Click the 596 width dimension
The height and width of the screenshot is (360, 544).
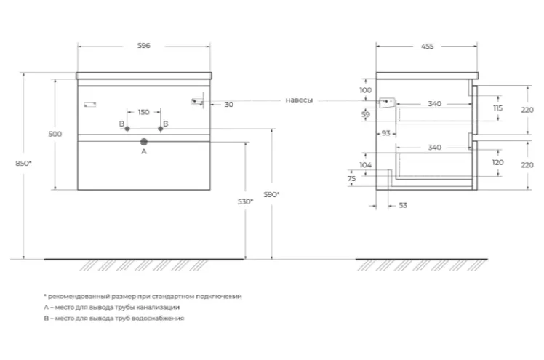coord(143,45)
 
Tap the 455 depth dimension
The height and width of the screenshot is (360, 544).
coord(427,46)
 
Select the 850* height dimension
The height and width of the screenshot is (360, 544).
coord(23,163)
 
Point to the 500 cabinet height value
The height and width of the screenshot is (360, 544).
coord(55,134)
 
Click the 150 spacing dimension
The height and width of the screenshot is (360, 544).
coord(143,112)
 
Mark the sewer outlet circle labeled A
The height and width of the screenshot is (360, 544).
coord(144,142)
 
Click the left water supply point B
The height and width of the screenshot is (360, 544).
coord(127,129)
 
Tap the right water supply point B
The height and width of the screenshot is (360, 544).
coord(160,129)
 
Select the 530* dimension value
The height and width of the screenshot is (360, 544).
coord(245,201)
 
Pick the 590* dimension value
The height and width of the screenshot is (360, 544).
coord(271,195)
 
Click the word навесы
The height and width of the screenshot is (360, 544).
coord(299,100)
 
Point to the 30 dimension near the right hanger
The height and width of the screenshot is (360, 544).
coord(228,105)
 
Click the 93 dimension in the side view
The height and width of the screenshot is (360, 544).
coord(385,133)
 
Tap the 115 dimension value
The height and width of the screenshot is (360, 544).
coord(498,108)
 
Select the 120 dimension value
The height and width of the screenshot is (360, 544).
coord(498,162)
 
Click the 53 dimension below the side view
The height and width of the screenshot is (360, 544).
coord(403,205)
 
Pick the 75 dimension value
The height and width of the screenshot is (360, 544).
coord(351,179)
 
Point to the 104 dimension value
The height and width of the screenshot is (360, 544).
coord(365,165)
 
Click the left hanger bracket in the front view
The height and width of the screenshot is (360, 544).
coord(90,104)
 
